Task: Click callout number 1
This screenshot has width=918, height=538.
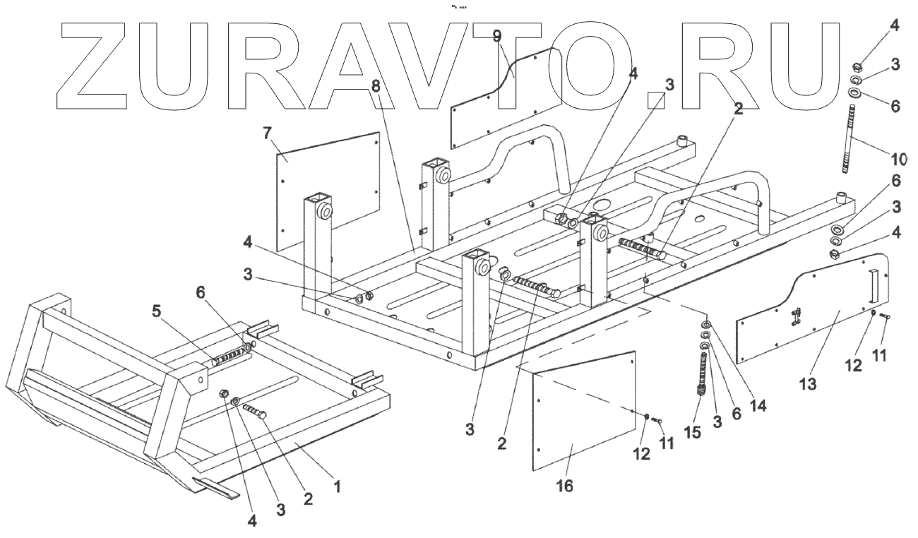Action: pos(338,486)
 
